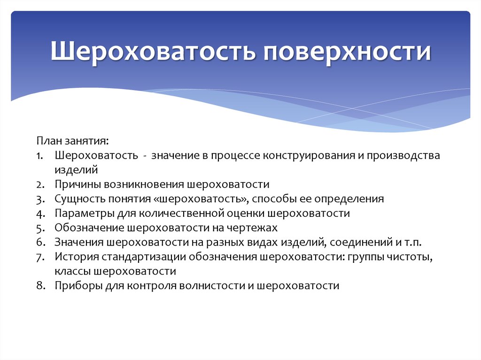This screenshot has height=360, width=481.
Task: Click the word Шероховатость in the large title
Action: tap(153, 52)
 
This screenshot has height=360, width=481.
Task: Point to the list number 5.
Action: tap(39, 228)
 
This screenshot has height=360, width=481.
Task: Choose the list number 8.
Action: tap(39, 286)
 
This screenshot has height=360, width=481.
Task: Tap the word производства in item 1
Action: tap(404, 156)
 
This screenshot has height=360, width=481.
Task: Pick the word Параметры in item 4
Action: tap(79, 214)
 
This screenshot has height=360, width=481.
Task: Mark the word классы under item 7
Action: tap(72, 271)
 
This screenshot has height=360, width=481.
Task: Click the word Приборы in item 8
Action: tap(74, 286)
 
